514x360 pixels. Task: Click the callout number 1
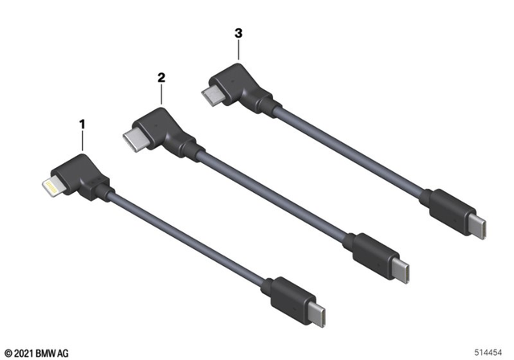tap(81, 125)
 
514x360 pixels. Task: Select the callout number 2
tap(161, 77)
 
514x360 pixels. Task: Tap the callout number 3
tap(238, 35)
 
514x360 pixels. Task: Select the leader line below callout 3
tap(238, 53)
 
